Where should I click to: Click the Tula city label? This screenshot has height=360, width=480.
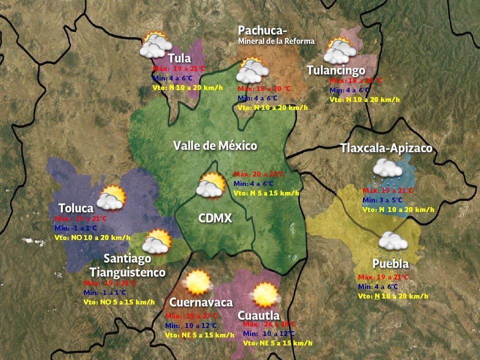click(179, 58)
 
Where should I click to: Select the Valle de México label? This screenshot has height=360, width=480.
click(215, 146)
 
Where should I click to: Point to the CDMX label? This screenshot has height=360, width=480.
click(215, 218)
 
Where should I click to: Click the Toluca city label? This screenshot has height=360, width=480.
click(76, 208)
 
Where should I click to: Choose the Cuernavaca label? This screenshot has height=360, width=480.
click(201, 302)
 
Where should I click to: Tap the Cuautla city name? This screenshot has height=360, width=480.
click(258, 315)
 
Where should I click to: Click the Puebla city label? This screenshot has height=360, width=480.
click(390, 263)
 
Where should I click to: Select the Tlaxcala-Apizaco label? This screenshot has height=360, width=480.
click(386, 148)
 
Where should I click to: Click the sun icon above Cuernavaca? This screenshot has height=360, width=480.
click(198, 282)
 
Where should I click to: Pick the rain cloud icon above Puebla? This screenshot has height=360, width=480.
click(393, 242)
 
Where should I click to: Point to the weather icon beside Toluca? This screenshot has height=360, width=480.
click(111, 198)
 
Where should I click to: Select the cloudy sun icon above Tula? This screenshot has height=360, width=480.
click(154, 45)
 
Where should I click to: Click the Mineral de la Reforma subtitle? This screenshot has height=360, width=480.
click(276, 41)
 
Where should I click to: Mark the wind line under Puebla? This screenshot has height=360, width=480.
click(393, 296)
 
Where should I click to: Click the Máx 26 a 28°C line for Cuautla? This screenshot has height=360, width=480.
click(269, 324)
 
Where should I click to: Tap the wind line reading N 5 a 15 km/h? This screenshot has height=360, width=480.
click(266, 193)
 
